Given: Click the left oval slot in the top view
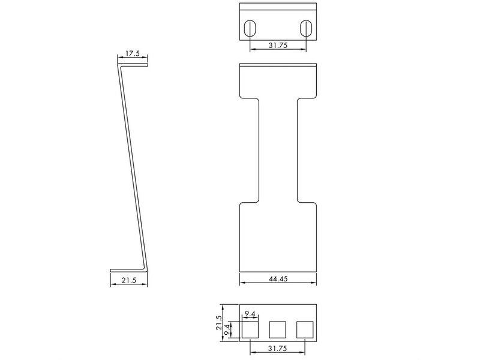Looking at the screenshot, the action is pyautogui.click(x=250, y=28).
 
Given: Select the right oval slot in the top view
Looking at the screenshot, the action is pyautogui.click(x=305, y=28).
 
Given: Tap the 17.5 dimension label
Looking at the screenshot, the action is pyautogui.click(x=133, y=53).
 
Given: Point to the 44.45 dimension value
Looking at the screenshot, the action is pyautogui.click(x=278, y=279).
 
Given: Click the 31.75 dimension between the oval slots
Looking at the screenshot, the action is pyautogui.click(x=278, y=46).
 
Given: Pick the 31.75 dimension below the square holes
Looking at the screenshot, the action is pyautogui.click(x=277, y=349).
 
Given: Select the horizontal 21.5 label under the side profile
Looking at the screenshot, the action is pyautogui.click(x=129, y=280).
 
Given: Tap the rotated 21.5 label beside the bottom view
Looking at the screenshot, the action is pyautogui.click(x=219, y=323).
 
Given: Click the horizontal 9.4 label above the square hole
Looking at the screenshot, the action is pyautogui.click(x=250, y=314).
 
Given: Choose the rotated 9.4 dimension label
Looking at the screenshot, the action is pyautogui.click(x=227, y=330).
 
